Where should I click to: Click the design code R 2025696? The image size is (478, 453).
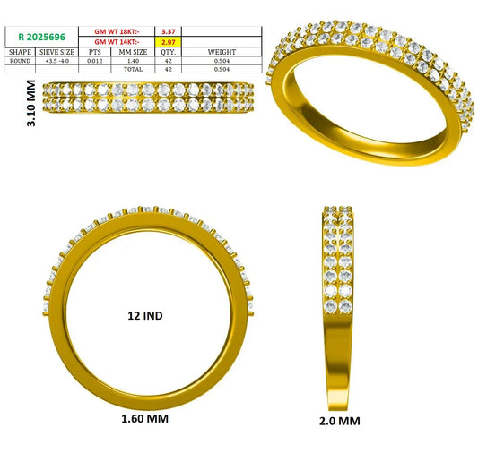click(42, 37)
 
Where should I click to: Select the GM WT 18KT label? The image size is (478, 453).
click(117, 31)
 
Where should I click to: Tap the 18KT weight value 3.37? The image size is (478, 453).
click(169, 31)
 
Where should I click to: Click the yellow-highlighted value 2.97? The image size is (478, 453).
click(169, 42)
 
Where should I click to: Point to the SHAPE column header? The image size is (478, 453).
click(20, 52)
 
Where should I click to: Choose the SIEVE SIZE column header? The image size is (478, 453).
click(57, 52)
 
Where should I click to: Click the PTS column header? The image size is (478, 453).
click(95, 52)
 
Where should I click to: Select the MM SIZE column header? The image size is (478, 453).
click(133, 52)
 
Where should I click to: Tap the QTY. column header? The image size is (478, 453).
click(169, 52)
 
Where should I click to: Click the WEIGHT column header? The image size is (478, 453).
click(222, 52)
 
